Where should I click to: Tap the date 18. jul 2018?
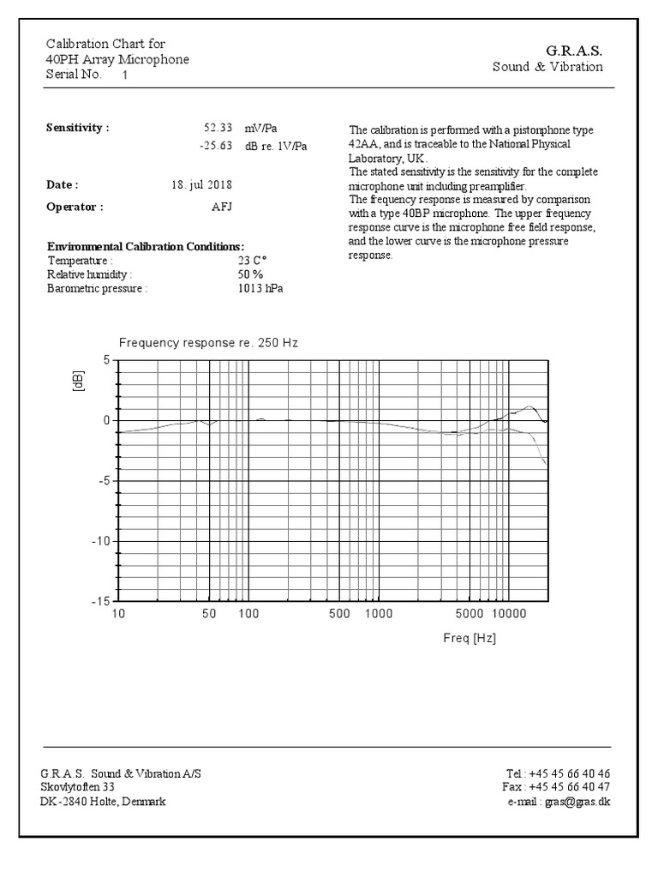201,184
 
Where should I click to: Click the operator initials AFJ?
222,207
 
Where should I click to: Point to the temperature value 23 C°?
253,261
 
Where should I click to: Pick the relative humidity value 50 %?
251,274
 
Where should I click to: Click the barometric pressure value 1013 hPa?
260,288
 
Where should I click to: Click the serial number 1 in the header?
125,75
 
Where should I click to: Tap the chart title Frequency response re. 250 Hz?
208,342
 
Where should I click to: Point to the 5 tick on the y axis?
106,361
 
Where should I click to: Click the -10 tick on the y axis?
100,541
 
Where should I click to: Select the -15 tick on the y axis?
100,601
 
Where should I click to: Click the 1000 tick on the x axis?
378,615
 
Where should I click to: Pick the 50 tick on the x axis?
209,615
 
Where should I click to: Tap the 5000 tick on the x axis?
470,615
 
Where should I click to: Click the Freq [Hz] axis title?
470,639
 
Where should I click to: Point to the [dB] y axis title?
79,381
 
